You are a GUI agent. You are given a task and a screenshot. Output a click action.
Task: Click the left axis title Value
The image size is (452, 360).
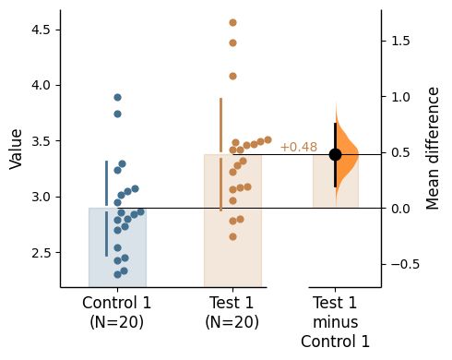16,149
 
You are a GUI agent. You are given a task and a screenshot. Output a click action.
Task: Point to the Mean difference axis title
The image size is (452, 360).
434,149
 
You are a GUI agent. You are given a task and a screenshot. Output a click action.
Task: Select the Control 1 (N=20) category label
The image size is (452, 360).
117,312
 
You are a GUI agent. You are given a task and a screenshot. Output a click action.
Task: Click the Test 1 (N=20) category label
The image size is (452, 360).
232,312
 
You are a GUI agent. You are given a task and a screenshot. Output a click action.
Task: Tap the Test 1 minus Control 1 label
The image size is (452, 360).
335,321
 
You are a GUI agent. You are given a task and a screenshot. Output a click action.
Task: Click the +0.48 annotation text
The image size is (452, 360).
298,148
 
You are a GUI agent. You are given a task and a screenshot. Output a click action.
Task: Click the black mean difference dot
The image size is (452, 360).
335,154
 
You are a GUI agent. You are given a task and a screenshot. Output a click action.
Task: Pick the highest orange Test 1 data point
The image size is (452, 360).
232,22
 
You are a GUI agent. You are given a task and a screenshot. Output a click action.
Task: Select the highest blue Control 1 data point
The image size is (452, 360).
117,97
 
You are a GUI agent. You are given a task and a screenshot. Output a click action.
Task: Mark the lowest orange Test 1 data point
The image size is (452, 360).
232,236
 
